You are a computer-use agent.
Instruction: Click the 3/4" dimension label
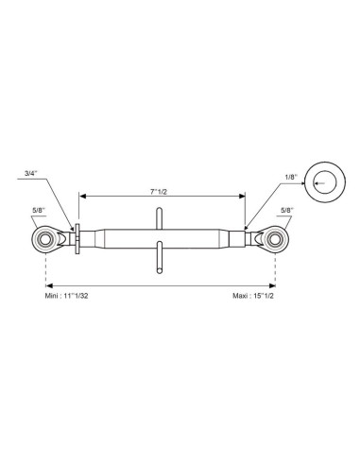tap(31, 173)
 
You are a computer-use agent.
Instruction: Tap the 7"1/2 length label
tap(158, 192)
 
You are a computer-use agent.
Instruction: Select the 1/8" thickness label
tap(291, 177)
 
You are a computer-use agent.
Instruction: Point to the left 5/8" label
tap(39, 210)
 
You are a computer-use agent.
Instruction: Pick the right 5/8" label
tap(287, 210)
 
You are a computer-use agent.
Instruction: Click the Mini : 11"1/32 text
tap(66, 296)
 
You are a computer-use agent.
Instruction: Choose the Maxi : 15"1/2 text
tap(253, 296)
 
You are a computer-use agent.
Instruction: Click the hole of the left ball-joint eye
tap(46, 239)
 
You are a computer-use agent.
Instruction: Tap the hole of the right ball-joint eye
tap(275, 239)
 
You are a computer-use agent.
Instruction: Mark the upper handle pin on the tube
tap(160, 218)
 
